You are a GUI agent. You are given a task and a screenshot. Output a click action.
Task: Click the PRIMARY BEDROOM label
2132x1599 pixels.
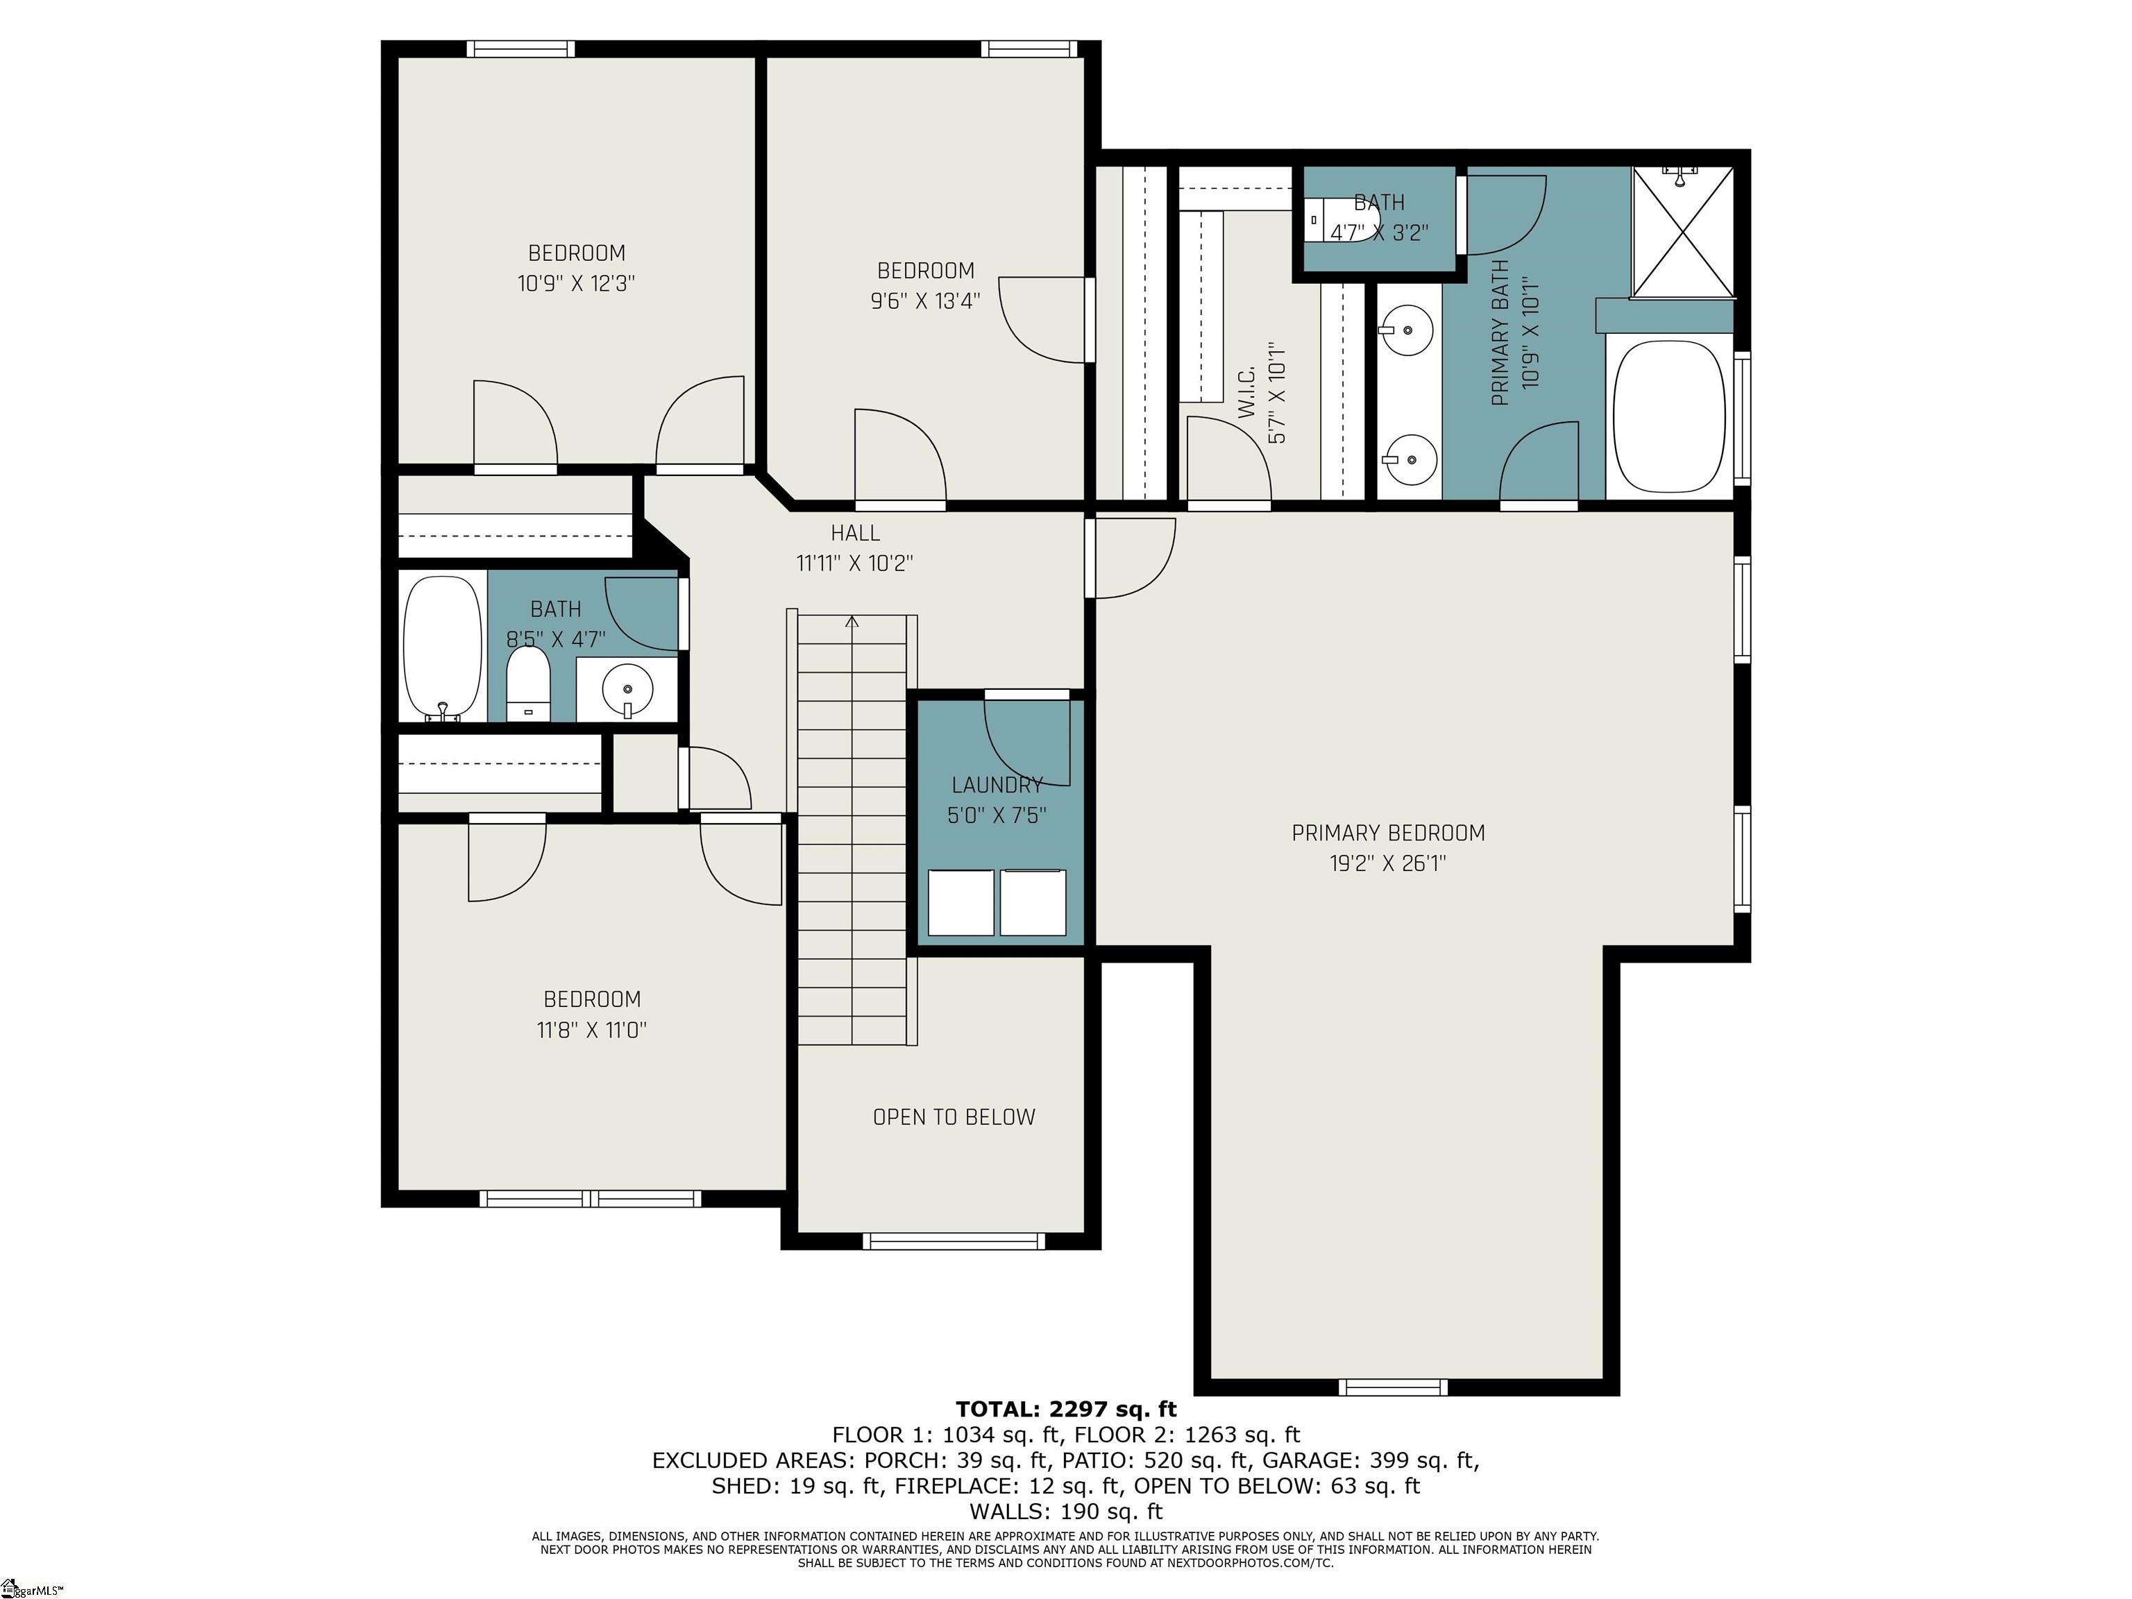point(1388,833)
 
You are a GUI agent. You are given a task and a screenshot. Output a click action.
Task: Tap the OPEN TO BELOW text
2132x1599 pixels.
point(954,1117)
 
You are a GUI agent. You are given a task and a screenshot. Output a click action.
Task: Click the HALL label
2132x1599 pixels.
point(855,533)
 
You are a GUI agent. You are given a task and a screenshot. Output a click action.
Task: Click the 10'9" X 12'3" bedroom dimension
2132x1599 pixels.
point(576,283)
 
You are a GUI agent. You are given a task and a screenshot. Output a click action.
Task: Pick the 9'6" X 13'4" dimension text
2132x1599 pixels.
point(925,301)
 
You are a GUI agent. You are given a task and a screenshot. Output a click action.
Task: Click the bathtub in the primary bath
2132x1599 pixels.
point(1669,416)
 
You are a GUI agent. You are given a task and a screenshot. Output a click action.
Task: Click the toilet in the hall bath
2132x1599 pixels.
point(527,684)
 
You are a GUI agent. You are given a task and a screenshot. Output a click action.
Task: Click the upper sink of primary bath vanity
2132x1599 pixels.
point(1408,330)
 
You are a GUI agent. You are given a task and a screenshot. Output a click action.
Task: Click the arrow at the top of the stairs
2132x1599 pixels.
point(852,622)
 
